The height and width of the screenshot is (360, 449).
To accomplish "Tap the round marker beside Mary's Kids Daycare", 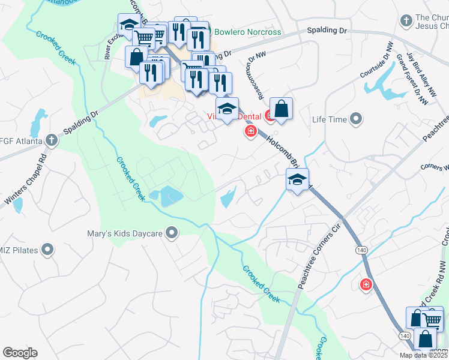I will pos(172,233).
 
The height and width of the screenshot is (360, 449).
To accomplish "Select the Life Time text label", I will pos(330,119).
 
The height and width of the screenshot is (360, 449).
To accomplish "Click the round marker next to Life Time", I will pos(357,119).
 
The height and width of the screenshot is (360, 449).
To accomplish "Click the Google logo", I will pos(20,353).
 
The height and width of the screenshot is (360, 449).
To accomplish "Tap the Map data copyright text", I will pos(424,355).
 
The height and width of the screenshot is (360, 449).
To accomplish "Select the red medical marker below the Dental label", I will pos(250,131).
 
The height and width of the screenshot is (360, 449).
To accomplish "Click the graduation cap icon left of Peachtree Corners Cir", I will pos(297,179).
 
